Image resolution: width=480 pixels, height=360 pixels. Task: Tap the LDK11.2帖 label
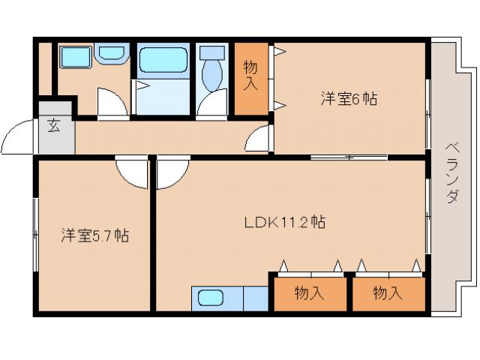pos(284,223)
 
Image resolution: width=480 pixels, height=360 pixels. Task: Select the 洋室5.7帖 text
pos(94,236)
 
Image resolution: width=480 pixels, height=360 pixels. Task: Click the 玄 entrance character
pos(54,126)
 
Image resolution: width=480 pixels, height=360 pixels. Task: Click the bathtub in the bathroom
pos(163,60)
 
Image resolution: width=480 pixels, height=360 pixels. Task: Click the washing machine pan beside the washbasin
pos(74,56)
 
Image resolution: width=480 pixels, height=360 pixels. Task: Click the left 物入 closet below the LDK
pos(309,292)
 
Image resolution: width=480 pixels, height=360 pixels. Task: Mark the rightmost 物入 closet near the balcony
pos(388,292)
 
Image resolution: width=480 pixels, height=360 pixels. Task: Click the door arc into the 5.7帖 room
pos(132,173)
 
